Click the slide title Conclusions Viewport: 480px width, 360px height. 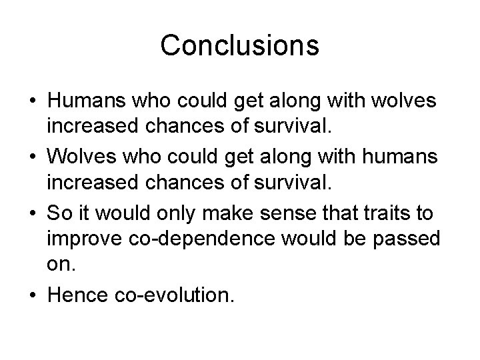click(239, 45)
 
